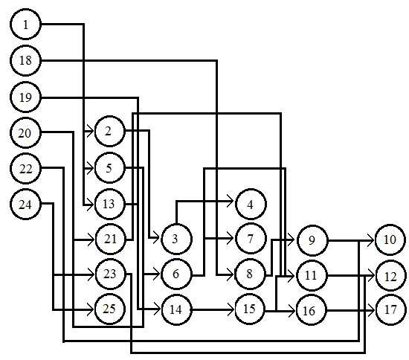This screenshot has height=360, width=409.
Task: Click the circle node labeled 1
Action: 25,25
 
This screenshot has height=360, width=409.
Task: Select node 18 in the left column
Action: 25,60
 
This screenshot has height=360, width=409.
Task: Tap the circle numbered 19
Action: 25,97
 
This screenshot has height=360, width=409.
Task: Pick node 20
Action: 25,133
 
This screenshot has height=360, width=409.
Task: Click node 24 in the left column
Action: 25,205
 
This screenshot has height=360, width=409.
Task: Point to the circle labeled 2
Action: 109,131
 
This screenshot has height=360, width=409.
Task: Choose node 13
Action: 109,204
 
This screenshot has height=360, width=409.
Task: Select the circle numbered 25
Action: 109,309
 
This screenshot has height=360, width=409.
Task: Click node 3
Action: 176,239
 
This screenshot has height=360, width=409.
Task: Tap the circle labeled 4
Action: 251,205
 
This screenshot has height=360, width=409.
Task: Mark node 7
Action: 251,239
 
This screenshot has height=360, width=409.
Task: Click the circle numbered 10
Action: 390,240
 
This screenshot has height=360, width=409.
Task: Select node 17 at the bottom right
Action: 390,309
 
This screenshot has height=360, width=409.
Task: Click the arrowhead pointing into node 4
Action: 230,201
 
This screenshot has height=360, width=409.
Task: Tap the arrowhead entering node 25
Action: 90,309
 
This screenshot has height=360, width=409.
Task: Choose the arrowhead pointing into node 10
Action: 371,240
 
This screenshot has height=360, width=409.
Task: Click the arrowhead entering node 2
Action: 90,131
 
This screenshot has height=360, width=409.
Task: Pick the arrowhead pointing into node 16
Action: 292,311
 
